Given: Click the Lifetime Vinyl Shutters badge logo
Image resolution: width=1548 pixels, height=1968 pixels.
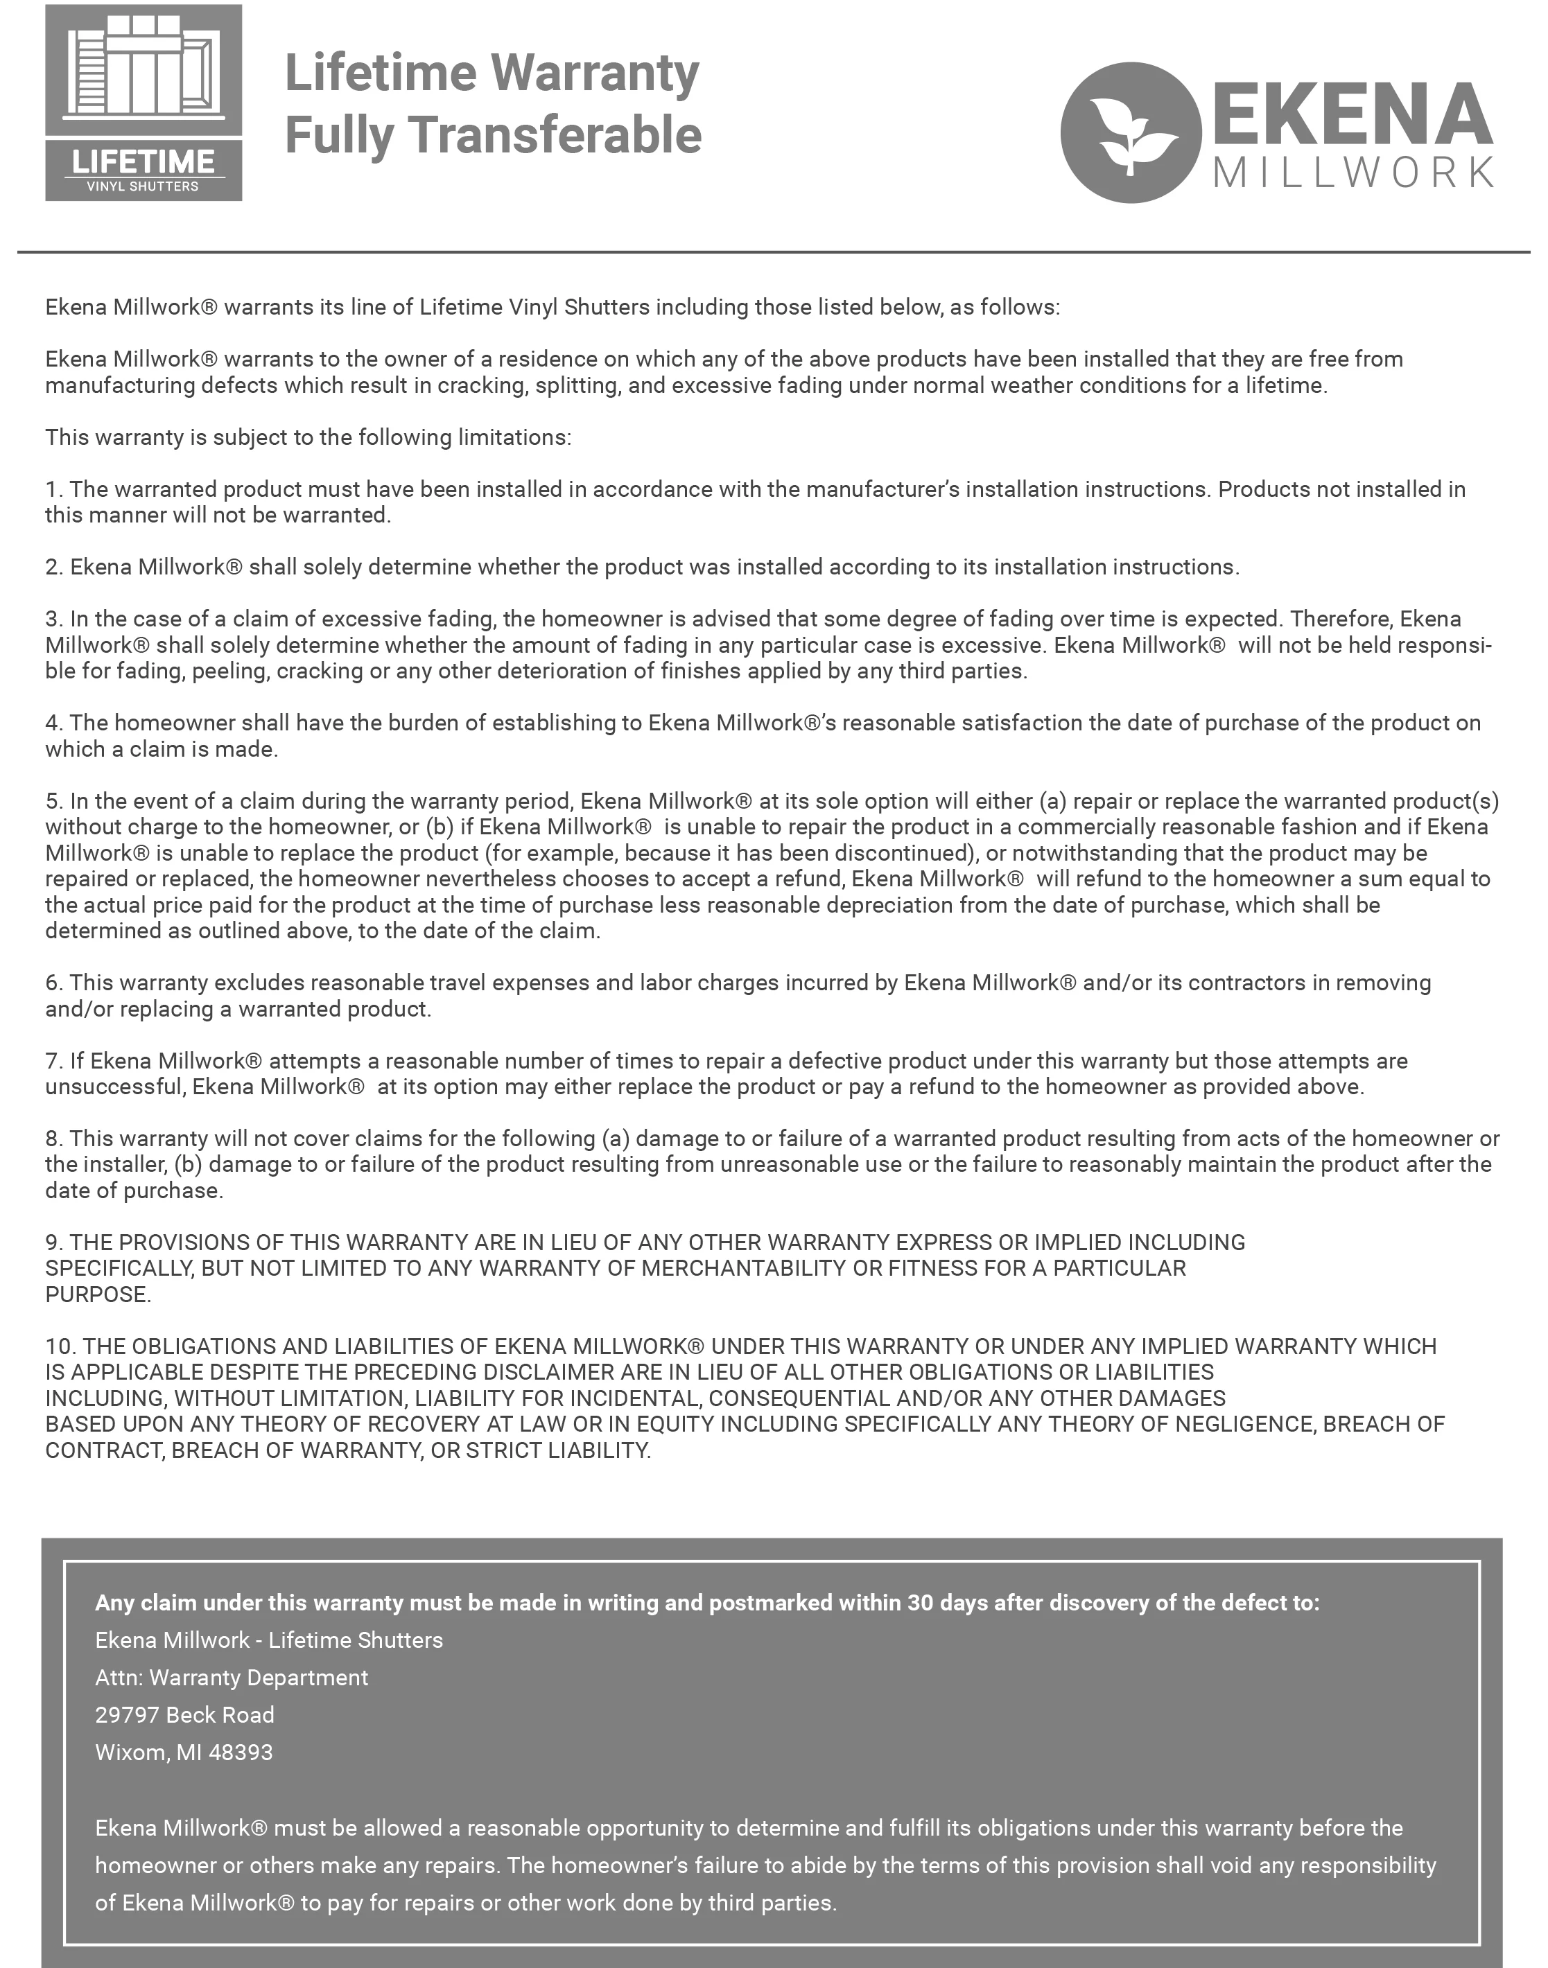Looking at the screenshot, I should coord(144,103).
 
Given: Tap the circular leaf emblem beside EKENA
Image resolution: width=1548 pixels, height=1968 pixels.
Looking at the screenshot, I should coord(1131,132).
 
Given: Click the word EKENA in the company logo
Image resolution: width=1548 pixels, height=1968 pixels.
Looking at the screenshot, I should coord(1353,114).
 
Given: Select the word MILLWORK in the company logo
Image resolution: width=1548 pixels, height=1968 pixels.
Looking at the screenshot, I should coord(1353,172).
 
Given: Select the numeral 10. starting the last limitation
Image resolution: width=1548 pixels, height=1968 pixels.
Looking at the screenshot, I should coord(60,1346).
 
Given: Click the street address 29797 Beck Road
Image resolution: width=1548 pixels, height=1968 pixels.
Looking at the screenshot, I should coord(185,1714).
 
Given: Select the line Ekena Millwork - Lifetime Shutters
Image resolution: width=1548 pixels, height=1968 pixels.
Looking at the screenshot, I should coord(269,1640).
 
